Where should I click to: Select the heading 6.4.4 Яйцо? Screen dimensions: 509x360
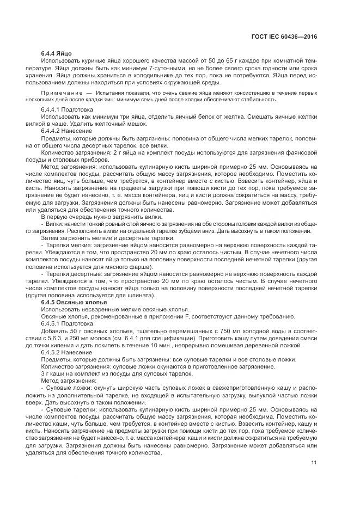[x=57, y=53]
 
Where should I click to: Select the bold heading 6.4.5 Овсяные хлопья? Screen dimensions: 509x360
[x=74, y=302]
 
